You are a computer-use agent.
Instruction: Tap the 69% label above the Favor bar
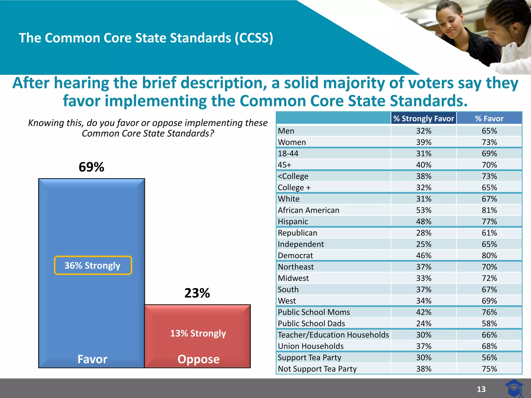(x=91, y=167)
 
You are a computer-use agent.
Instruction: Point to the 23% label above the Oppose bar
(x=197, y=293)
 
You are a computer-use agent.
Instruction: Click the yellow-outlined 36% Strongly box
(x=93, y=265)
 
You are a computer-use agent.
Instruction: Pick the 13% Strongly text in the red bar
(x=198, y=333)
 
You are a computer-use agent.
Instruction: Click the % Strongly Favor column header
(x=423, y=118)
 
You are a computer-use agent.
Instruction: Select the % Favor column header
(x=489, y=118)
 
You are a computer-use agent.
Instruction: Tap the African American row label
(x=308, y=210)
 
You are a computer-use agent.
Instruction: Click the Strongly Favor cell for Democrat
(x=424, y=255)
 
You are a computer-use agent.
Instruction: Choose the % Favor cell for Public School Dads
(x=489, y=323)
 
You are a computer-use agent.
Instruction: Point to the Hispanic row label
(x=293, y=222)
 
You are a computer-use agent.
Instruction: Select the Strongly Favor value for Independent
(x=424, y=244)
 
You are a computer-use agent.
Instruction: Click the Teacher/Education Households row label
(x=333, y=335)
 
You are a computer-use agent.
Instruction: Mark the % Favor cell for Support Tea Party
(x=489, y=358)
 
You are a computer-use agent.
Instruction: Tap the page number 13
(x=481, y=389)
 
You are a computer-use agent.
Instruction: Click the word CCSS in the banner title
(x=254, y=38)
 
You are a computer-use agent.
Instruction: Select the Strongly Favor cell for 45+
(x=424, y=165)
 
